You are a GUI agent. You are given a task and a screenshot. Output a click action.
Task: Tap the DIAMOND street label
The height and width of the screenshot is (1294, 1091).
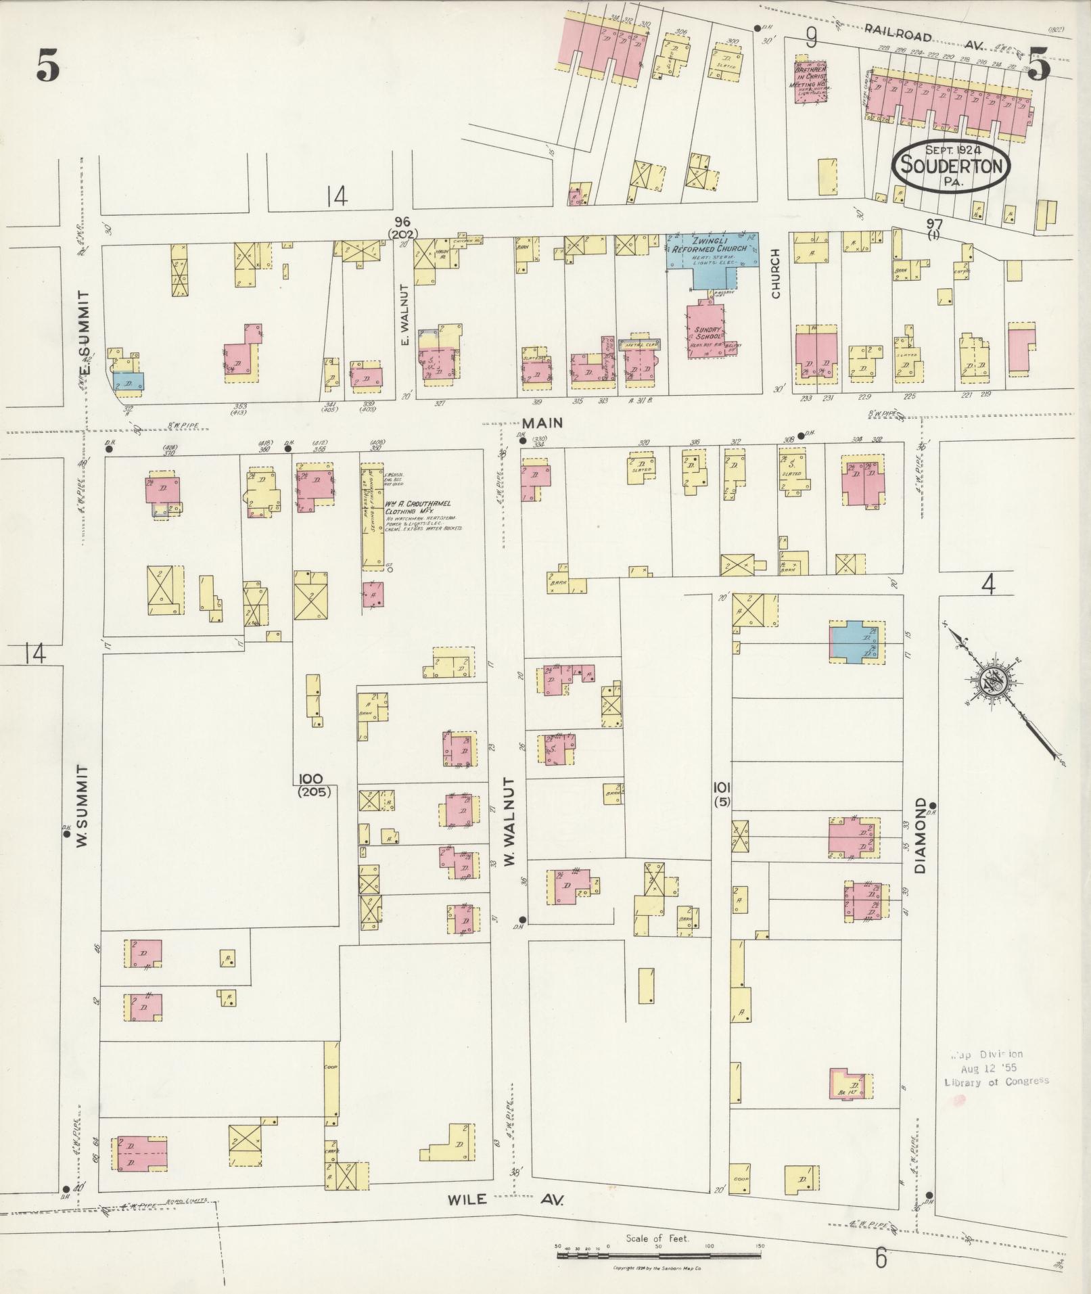[x=921, y=835]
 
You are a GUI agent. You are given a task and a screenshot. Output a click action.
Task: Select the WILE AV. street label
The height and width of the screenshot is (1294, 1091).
[x=504, y=1199]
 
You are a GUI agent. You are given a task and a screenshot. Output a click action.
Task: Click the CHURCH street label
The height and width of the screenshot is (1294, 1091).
[x=776, y=273]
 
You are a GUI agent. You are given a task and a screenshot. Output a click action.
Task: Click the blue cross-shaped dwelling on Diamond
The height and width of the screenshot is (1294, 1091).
[x=854, y=640]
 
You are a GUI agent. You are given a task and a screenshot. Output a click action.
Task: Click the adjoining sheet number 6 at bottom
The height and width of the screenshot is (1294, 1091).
[x=880, y=1258]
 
